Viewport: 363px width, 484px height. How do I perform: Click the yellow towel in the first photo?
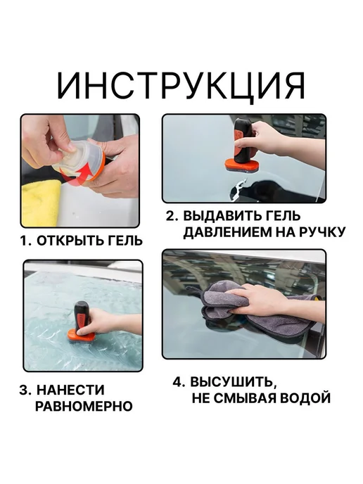pyautogui.click(x=41, y=202)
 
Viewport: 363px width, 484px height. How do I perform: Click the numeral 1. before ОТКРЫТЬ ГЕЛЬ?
pyautogui.click(x=26, y=241)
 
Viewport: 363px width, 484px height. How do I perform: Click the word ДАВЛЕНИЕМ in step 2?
pyautogui.click(x=228, y=232)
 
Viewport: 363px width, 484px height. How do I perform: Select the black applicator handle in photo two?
pyautogui.click(x=243, y=141)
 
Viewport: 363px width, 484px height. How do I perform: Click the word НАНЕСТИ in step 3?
pyautogui.click(x=70, y=390)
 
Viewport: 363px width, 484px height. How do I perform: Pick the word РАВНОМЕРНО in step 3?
pyautogui.click(x=84, y=406)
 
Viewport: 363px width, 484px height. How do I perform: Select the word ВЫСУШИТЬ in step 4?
pyautogui.click(x=232, y=382)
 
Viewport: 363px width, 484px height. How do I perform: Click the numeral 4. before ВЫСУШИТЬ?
pyautogui.click(x=179, y=382)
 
